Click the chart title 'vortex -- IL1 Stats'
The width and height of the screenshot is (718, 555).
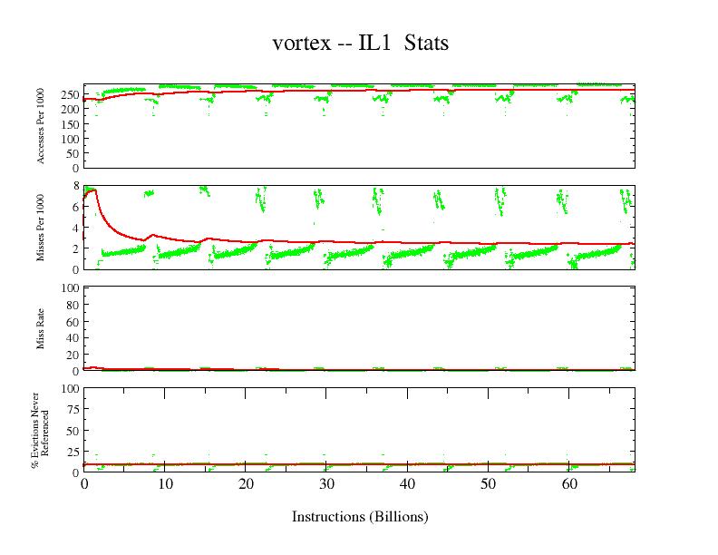(x=360, y=43)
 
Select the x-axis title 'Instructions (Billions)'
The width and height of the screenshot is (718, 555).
(x=360, y=517)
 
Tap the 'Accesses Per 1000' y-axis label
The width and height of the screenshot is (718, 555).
(x=41, y=127)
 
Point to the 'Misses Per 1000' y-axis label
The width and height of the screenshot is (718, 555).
(x=41, y=227)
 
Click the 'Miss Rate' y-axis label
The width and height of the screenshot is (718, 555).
(x=41, y=329)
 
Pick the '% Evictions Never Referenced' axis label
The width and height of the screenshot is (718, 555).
(x=40, y=430)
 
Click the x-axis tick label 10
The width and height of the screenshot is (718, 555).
(x=164, y=484)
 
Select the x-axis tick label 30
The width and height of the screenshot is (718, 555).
(x=326, y=484)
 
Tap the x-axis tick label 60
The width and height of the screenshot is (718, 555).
(x=569, y=484)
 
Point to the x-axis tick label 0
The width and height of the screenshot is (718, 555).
(x=83, y=484)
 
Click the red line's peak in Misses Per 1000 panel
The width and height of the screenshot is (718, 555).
(x=94, y=190)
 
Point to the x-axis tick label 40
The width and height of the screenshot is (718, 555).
(x=407, y=484)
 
